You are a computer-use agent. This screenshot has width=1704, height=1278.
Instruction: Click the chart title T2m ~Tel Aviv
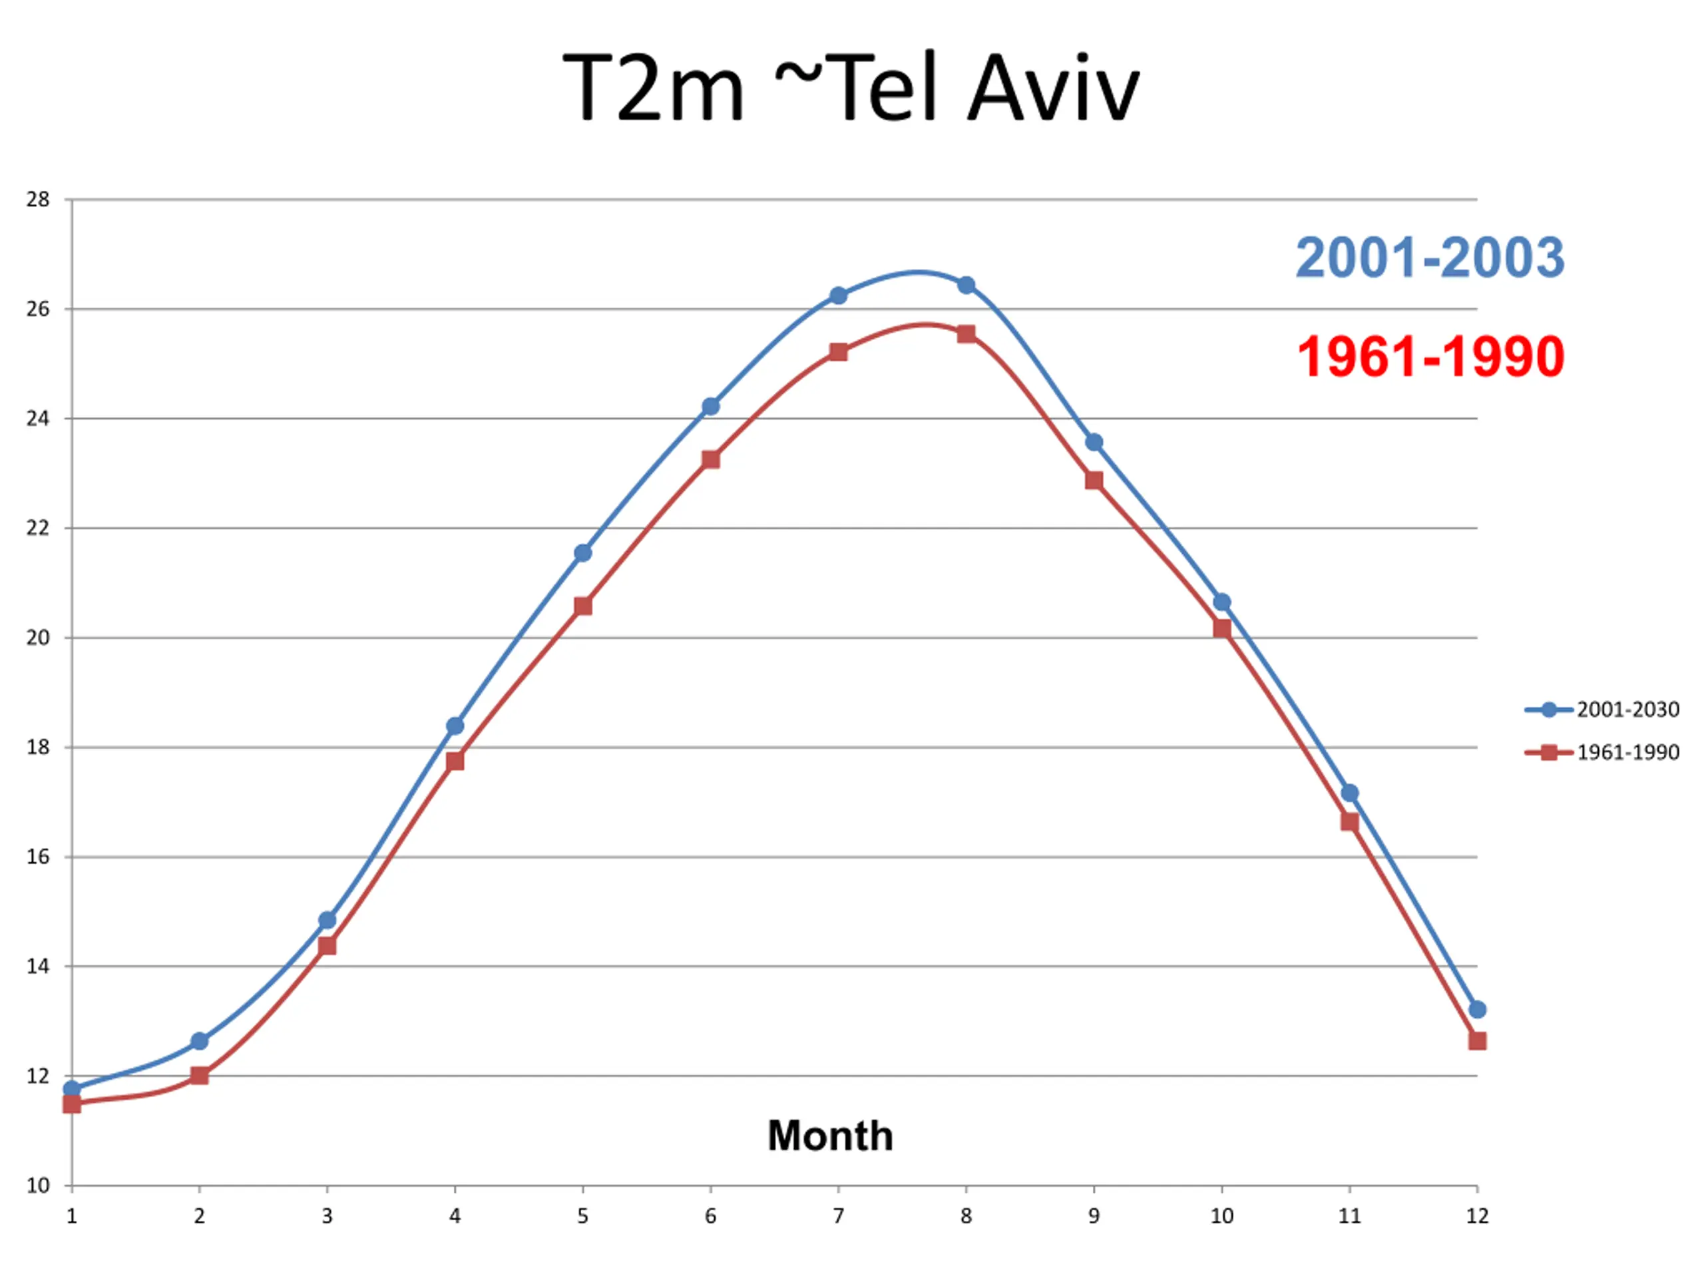point(851,87)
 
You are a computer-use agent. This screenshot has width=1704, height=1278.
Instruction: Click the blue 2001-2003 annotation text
point(1430,258)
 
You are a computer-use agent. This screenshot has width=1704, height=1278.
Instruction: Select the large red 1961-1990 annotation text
point(1430,357)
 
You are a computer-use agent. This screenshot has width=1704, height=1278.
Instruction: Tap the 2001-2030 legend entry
point(1602,710)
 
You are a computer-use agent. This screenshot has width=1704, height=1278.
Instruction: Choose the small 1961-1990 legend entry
point(1602,753)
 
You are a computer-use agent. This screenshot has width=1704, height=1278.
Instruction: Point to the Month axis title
point(831,1136)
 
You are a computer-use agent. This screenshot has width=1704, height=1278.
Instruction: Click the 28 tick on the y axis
point(38,200)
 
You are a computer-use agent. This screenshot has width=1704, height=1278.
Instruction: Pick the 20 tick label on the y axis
point(38,638)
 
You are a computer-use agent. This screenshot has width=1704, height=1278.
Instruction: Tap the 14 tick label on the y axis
point(38,966)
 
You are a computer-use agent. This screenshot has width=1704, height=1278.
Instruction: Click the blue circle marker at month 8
point(966,285)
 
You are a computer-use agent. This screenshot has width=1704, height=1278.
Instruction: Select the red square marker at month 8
point(966,333)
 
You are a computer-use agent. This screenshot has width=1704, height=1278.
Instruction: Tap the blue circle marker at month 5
point(583,553)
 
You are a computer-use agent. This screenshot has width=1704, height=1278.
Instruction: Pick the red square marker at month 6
point(710,460)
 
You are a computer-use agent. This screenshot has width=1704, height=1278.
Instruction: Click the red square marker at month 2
point(200,1076)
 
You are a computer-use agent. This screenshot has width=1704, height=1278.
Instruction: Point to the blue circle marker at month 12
point(1477,1009)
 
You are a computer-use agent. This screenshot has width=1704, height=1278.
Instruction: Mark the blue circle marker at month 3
point(327,920)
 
